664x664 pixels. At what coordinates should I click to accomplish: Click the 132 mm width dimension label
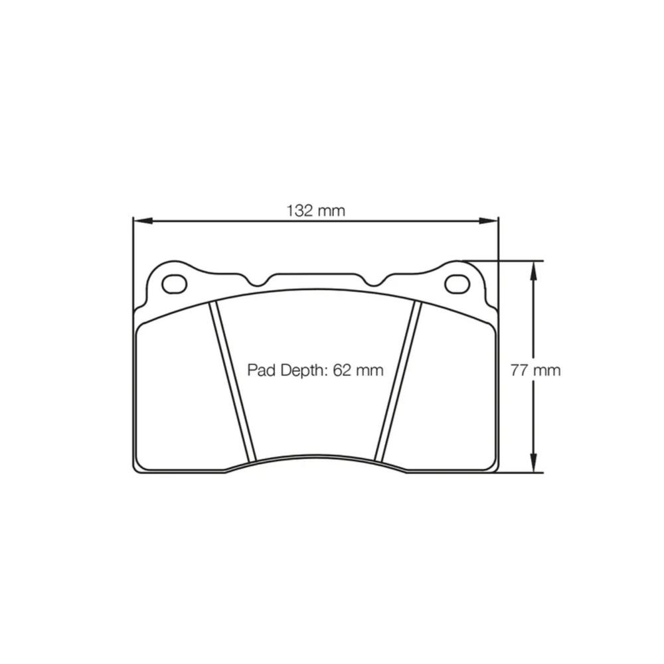tap(316, 211)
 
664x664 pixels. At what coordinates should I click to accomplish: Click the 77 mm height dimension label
tap(535, 370)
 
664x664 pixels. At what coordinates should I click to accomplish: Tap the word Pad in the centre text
tap(260, 370)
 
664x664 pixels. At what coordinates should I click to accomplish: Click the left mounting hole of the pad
tap(175, 283)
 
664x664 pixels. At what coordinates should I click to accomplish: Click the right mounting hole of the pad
tap(457, 284)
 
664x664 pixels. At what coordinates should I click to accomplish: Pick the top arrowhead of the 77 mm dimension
tap(533, 266)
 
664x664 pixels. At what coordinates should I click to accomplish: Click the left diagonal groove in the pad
tap(232, 382)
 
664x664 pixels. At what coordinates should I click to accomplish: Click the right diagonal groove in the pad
tap(398, 382)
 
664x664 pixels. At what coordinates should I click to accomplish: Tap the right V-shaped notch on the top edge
tap(375, 282)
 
